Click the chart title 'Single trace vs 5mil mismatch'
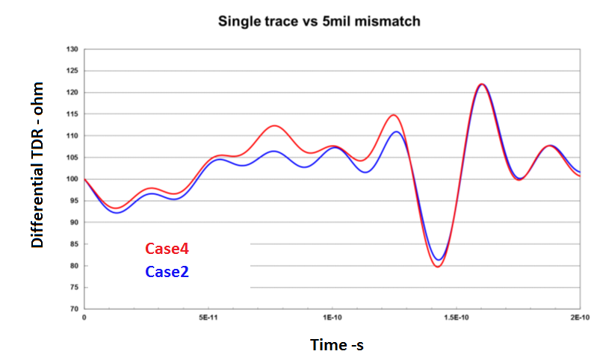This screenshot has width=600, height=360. tap(319, 21)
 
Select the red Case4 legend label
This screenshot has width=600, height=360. tap(167, 249)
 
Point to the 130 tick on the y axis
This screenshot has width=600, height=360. tap(72, 49)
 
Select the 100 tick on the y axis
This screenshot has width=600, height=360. tap(72, 179)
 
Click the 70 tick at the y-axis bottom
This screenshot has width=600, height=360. tap(73, 309)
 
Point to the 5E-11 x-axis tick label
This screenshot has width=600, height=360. tap(208, 317)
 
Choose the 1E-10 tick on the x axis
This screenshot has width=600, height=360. tap(333, 317)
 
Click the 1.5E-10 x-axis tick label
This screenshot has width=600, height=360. tap(457, 317)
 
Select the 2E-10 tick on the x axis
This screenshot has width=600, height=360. tap(580, 317)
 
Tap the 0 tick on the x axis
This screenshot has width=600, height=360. tap(84, 317)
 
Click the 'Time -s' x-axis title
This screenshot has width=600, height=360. tap(336, 344)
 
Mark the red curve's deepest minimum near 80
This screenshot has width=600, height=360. tap(439, 267)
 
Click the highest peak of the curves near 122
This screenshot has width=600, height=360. tap(482, 84)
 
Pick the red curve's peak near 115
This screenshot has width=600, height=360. tap(394, 115)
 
